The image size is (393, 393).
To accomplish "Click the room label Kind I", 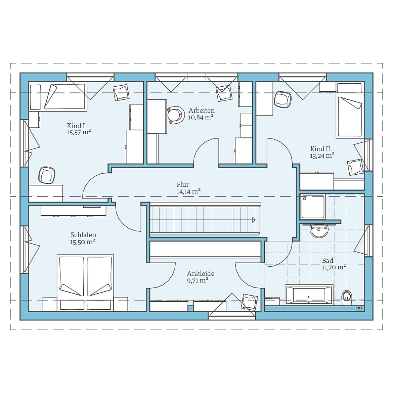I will tap(76, 126).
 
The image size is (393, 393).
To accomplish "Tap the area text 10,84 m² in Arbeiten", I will tap(201, 117).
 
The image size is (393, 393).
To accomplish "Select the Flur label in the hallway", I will tap(183, 184).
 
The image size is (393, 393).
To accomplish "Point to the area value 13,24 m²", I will tap(322, 156).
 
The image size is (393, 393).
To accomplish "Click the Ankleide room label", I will tap(201, 273).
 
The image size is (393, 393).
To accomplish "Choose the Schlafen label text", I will tap(83, 235).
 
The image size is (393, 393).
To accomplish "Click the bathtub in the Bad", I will tap(309, 295).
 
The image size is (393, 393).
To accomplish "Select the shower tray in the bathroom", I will tap(313, 206).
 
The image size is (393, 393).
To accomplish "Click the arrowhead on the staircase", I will tap(254, 220).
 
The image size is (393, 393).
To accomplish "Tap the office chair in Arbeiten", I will tap(176, 115).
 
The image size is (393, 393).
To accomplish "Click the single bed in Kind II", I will tap(350, 114).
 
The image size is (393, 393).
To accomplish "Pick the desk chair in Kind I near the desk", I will tap(47, 175).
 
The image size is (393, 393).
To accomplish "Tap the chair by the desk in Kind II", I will tap(283, 99).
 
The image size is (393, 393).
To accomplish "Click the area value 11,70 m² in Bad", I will tap(334, 267).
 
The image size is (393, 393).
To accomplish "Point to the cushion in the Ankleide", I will tap(250, 302).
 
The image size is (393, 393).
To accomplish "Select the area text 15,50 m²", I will tap(82, 242).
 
